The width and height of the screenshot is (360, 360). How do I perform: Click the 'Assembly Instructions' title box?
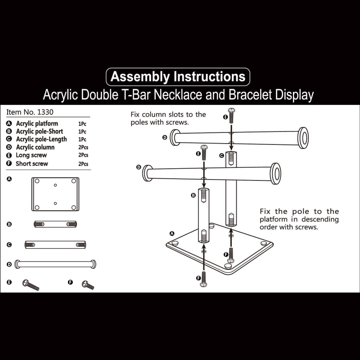point(178,76)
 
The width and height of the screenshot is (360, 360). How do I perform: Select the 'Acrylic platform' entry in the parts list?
point(37,123)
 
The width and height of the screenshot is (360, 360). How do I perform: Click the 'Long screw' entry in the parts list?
point(31,155)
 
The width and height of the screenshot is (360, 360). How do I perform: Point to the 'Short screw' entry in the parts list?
point(31,164)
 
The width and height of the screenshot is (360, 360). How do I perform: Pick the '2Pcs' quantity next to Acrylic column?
point(83,148)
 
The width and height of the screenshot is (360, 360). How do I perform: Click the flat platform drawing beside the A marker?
point(55,194)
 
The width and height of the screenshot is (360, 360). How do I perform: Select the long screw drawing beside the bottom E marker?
point(31,284)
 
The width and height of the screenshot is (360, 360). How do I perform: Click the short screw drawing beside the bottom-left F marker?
point(88,285)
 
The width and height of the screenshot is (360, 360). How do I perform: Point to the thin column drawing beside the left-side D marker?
point(55,264)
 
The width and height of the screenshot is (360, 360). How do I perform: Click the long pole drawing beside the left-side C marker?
point(55,245)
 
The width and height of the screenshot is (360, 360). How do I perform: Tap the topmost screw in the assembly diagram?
point(231,116)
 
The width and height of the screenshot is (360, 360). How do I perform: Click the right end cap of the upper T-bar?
point(303,138)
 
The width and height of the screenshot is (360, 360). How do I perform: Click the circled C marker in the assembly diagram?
point(221,155)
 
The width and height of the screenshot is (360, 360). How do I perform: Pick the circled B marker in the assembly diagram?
point(193,195)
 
